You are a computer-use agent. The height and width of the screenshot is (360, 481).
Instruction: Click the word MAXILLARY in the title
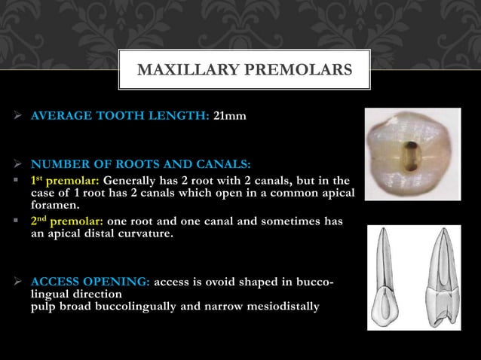click(178, 71)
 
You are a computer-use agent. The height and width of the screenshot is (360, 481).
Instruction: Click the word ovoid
click(228, 282)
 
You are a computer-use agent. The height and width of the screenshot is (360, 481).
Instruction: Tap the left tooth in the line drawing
click(387, 279)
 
